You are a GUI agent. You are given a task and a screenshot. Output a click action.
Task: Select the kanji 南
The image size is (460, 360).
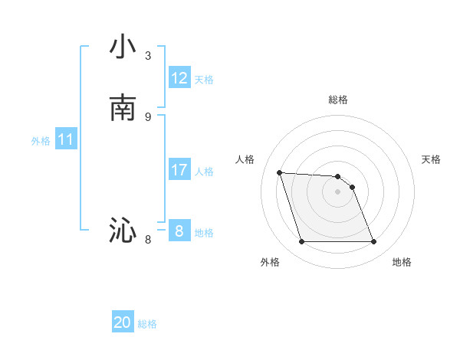point(123,108)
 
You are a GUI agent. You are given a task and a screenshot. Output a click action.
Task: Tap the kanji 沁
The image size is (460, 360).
point(123,230)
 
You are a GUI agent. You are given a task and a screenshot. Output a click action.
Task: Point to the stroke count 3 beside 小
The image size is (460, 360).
point(148,56)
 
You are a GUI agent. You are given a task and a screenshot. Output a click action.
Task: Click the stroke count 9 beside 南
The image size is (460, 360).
point(148,116)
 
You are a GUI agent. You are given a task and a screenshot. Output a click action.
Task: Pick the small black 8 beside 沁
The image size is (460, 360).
point(148,240)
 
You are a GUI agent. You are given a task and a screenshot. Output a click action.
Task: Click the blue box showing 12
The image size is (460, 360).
point(179,78)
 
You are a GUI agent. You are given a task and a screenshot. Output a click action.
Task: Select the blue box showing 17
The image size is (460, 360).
point(179,170)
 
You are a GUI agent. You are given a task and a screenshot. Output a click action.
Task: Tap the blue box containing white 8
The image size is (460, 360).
point(179,231)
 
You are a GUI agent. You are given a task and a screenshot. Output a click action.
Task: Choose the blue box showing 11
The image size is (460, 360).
point(66,139)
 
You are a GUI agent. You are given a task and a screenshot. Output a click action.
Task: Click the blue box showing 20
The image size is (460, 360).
point(123,322)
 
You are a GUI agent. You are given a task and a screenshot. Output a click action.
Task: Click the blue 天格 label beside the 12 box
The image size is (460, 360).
point(204,80)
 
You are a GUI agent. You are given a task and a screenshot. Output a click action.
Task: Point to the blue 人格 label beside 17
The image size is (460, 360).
point(205,172)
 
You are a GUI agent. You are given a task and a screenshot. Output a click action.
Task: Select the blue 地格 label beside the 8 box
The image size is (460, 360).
point(205,233)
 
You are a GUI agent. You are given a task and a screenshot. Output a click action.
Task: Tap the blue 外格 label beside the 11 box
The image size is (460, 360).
point(41,141)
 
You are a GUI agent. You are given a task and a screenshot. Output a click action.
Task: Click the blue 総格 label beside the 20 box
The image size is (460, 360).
point(147,324)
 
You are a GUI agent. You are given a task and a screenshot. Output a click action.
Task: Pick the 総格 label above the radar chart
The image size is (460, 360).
point(338,100)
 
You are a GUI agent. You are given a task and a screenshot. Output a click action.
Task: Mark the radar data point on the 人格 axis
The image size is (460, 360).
point(279,172)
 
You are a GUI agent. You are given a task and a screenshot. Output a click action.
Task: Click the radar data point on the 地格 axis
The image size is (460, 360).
point(373,242)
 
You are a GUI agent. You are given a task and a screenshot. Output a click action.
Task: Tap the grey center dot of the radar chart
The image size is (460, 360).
point(338,191)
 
